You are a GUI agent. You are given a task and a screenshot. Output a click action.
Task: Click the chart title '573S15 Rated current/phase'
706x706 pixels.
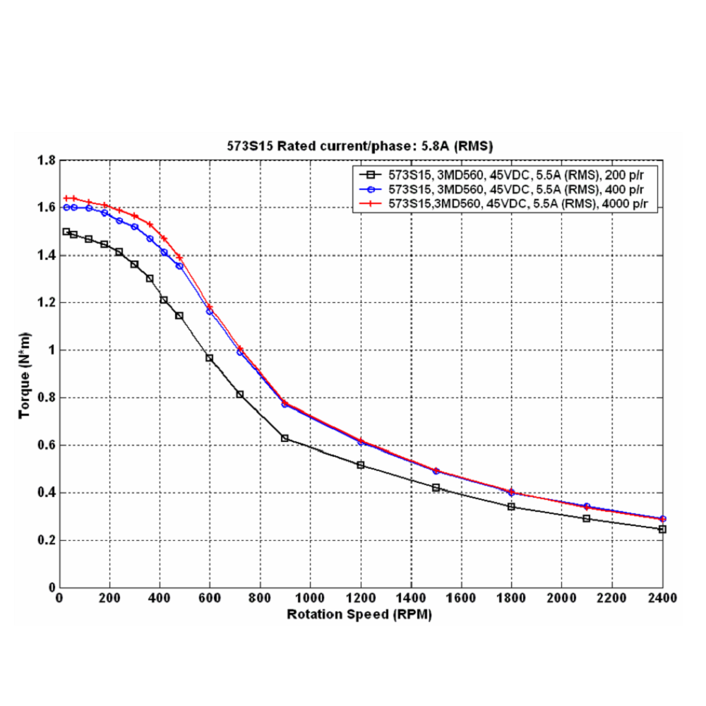360,146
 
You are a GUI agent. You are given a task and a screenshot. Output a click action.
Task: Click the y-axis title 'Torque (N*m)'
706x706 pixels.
25,374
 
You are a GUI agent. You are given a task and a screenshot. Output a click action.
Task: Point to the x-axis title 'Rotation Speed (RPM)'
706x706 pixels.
359,614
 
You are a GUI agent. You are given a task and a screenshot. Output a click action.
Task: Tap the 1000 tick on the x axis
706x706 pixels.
311,598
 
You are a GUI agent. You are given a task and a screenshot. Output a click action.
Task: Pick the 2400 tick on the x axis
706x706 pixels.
662,598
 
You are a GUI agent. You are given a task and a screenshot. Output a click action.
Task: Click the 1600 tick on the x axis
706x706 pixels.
461,598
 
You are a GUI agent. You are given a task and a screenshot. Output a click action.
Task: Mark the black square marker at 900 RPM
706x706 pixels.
285,438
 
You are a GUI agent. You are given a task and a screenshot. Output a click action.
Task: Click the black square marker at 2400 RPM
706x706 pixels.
662,529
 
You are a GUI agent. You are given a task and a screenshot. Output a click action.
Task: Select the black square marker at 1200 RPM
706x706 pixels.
361,465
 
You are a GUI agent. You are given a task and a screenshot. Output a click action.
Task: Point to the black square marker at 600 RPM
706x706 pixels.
210,358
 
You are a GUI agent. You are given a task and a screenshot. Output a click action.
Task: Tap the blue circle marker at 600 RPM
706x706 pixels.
210,311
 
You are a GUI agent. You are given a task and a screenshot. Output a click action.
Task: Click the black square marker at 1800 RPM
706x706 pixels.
511,507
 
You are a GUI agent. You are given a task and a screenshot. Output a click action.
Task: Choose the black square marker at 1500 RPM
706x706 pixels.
436,488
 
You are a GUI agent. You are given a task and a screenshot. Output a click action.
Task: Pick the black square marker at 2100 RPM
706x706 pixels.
587,518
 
